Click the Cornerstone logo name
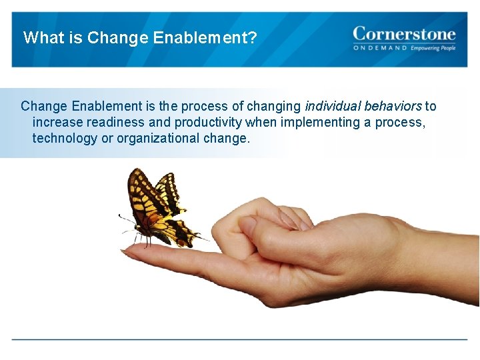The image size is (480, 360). point(404,33)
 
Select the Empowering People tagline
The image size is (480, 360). point(433,49)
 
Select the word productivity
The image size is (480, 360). point(208,122)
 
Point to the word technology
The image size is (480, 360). point(64,138)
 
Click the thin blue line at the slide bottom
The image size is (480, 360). point(240,339)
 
